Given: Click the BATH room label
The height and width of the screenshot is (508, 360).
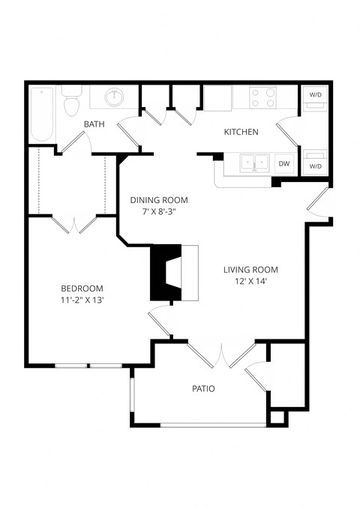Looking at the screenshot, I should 94,124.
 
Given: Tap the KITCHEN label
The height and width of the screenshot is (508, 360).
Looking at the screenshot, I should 241,132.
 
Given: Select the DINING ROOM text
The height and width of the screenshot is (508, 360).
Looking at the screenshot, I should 158,200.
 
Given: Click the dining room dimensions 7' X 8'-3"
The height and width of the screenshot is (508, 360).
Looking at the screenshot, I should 158,212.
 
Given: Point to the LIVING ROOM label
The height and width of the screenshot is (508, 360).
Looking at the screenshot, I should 250,270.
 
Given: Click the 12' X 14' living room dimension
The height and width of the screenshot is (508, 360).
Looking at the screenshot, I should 250,282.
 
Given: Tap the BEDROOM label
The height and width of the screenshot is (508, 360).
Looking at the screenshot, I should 82,288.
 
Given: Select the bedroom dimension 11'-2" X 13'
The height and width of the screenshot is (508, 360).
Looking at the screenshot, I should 82,300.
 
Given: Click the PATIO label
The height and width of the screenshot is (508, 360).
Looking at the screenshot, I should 202,389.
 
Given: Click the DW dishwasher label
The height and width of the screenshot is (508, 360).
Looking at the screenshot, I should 283,163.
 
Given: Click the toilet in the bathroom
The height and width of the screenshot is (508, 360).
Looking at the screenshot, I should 72,102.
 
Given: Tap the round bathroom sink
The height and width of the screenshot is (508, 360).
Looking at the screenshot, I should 115,97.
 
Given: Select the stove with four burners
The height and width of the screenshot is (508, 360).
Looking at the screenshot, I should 262,97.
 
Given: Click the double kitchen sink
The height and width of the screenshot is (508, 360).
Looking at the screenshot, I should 255,161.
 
